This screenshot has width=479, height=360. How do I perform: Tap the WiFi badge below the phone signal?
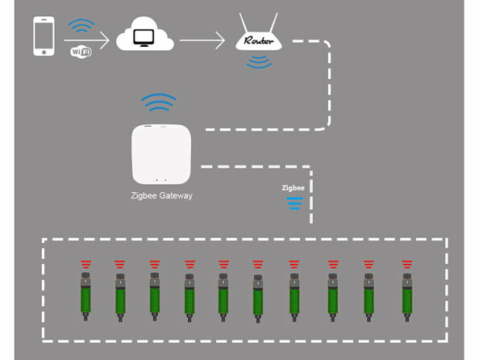pyautogui.click(x=81, y=52)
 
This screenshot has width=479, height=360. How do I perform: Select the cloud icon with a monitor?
pyautogui.click(x=145, y=37)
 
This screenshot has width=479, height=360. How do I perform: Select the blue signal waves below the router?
pyautogui.click(x=260, y=61)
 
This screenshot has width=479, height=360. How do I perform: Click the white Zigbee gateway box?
pyautogui.click(x=161, y=154)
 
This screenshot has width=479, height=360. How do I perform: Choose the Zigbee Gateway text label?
pyautogui.click(x=161, y=195)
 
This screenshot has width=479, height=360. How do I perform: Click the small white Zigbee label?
pyautogui.click(x=293, y=187)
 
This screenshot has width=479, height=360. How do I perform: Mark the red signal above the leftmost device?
pyautogui.click(x=85, y=264)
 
